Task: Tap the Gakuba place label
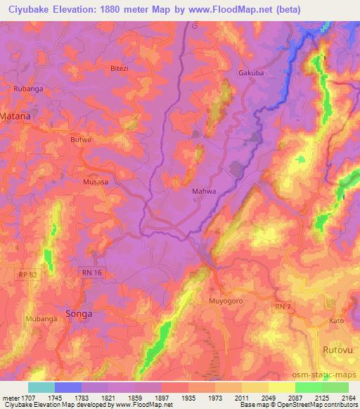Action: point(251,72)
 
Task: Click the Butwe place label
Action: point(82,140)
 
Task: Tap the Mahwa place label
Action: point(202,190)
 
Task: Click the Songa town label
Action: point(78,314)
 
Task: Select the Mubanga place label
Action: point(42,318)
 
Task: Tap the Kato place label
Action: point(336,321)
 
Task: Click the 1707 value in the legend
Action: point(25,398)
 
